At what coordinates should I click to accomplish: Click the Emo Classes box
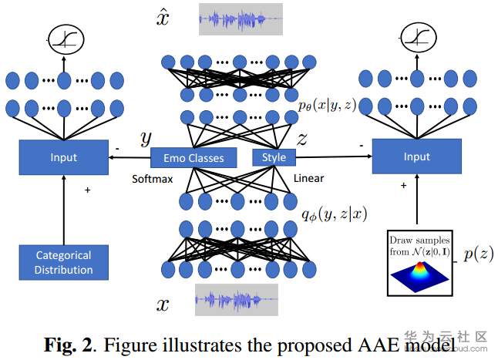coord(193,157)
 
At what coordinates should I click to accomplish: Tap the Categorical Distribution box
coord(64,262)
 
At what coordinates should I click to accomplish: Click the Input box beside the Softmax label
coord(63,157)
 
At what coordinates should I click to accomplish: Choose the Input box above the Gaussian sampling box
coord(416,156)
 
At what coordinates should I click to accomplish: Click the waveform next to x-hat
coord(241,18)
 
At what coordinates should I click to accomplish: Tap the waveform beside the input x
coord(236,300)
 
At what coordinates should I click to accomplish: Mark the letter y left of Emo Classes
coord(145,139)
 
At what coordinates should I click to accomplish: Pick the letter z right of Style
coord(302,139)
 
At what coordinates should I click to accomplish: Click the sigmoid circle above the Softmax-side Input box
coord(64,39)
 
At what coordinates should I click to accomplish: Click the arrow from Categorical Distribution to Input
coord(63,208)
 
